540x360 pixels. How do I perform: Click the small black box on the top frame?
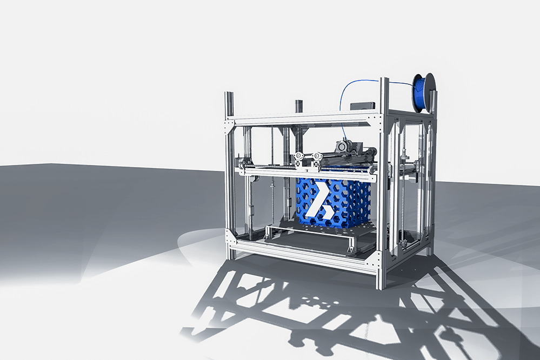point(362,105)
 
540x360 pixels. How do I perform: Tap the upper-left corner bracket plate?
point(231,124)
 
